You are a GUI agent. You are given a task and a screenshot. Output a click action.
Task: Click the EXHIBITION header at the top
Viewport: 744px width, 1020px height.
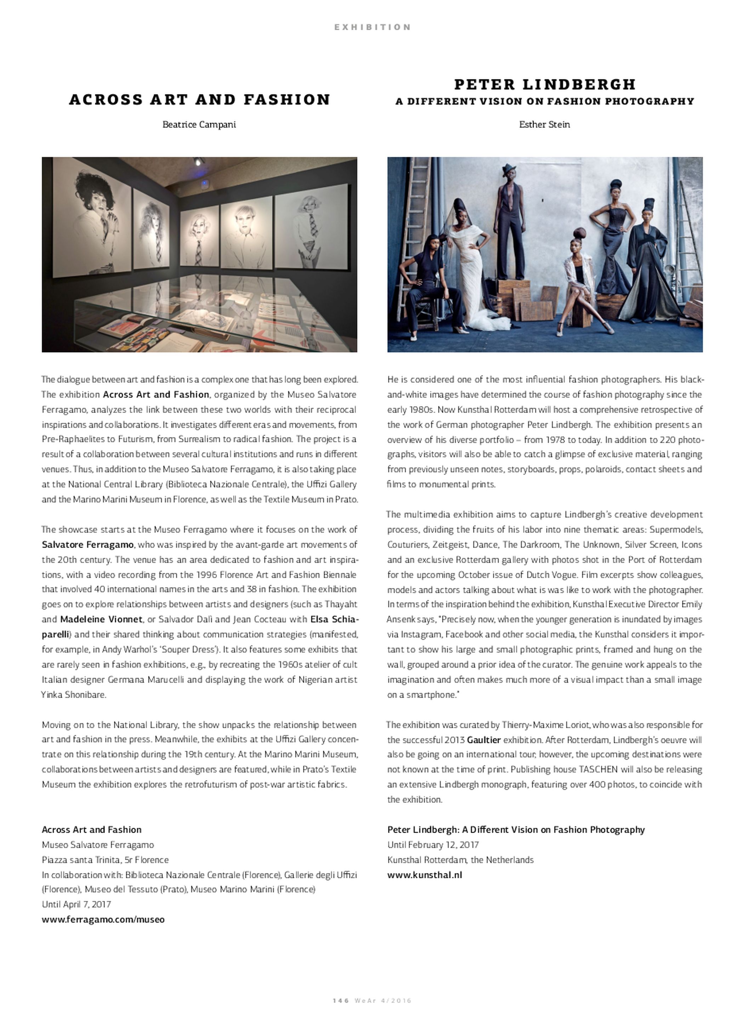coord(372,27)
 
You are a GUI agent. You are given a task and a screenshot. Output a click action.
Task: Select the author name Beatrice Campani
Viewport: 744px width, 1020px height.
coord(199,124)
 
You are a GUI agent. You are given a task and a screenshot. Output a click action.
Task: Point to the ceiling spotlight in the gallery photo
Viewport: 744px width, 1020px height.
coord(198,161)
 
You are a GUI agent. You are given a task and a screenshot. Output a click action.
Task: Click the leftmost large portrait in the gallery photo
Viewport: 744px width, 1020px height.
coord(92,221)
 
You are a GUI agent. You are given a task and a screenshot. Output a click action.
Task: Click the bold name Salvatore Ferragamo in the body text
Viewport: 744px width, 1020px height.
coord(87,544)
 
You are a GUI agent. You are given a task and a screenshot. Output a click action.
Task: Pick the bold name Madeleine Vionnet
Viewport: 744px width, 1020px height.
coord(101,619)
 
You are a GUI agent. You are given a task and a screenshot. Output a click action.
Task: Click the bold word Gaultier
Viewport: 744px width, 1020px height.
coord(484,739)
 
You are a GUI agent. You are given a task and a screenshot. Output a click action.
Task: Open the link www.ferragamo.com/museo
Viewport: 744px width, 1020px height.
coord(103,919)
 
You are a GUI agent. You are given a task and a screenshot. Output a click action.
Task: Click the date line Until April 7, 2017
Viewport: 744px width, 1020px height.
coord(76,904)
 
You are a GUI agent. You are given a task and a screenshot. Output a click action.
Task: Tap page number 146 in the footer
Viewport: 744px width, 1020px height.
coord(340,1013)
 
